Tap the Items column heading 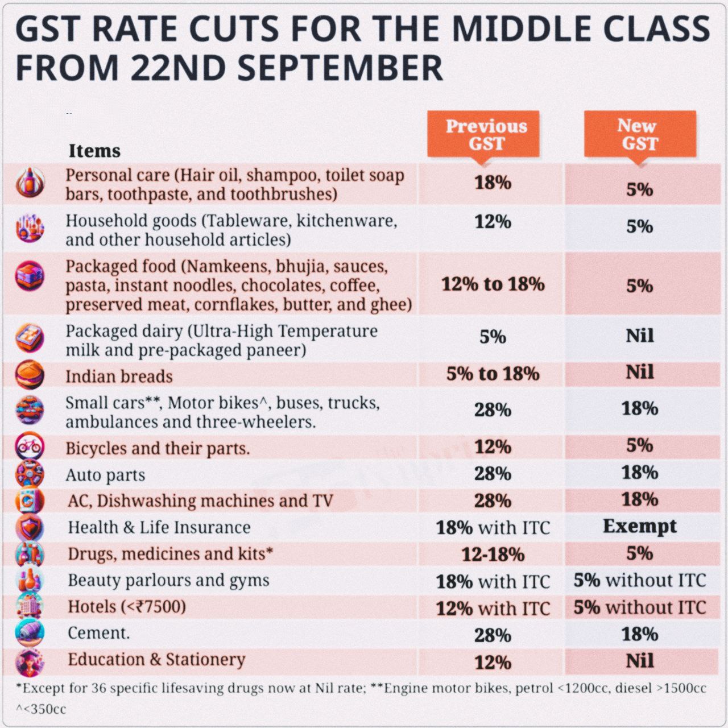(x=94, y=151)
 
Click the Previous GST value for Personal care (x=493, y=183)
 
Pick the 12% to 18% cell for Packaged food (x=493, y=284)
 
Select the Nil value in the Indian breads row (x=639, y=373)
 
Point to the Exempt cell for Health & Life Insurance (x=639, y=526)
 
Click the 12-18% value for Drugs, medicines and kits (x=493, y=555)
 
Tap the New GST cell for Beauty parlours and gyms (x=639, y=581)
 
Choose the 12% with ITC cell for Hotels (x=493, y=609)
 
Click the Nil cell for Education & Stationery (x=639, y=661)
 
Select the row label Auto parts (x=105, y=475)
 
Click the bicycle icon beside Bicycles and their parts (x=30, y=447)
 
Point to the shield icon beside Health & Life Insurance (x=30, y=528)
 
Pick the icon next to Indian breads (x=30, y=374)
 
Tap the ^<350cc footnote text (x=41, y=709)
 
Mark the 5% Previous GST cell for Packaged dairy (x=493, y=337)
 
